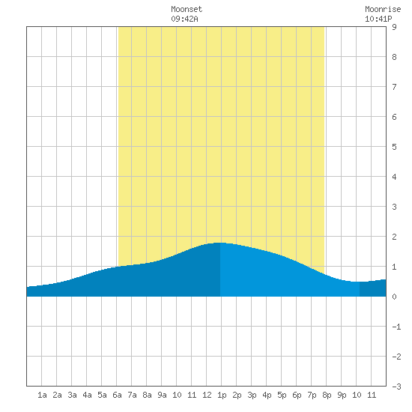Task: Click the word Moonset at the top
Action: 187,9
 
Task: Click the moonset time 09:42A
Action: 184,19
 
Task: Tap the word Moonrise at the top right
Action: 383,9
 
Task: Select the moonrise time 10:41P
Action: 378,19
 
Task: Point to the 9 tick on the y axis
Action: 394,27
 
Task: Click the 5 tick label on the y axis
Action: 394,147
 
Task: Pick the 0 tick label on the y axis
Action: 394,297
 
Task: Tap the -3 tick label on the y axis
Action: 396,387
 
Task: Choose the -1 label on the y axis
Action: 396,327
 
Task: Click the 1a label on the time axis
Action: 42,395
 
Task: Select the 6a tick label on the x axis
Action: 117,395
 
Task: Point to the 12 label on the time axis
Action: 207,395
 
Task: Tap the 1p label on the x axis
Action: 222,395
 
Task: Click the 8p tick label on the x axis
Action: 327,395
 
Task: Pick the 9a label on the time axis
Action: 162,395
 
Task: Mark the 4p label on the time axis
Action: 267,395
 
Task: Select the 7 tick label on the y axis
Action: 394,87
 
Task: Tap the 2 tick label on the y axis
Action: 394,237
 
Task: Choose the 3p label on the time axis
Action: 252,395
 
